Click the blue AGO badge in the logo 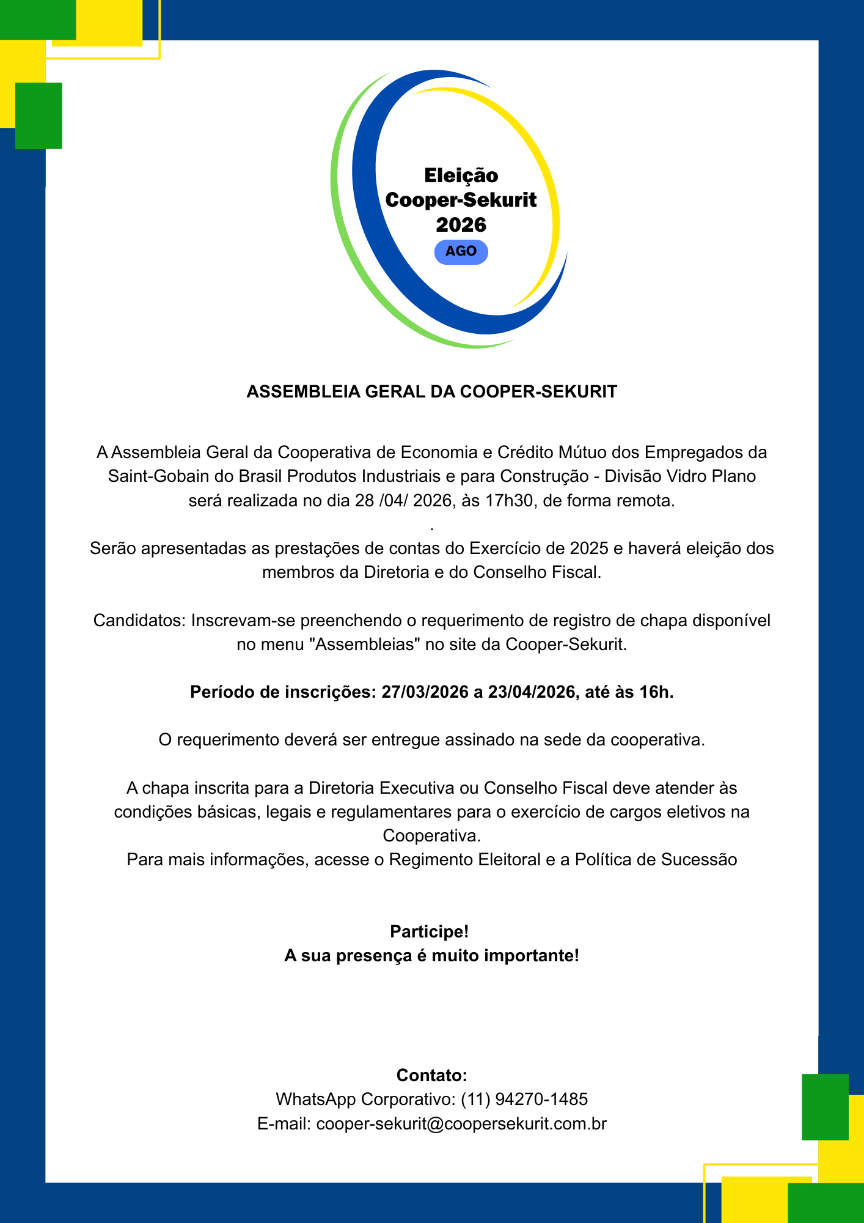point(461,252)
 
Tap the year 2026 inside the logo point(461,225)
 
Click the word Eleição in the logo point(461,176)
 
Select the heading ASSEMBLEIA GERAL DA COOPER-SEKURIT point(431,392)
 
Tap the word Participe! point(430,932)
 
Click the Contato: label point(431,1076)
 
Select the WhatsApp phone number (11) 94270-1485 point(524,1099)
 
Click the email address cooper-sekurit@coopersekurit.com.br point(461,1124)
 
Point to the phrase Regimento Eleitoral point(464,860)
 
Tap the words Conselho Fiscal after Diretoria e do point(536,573)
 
